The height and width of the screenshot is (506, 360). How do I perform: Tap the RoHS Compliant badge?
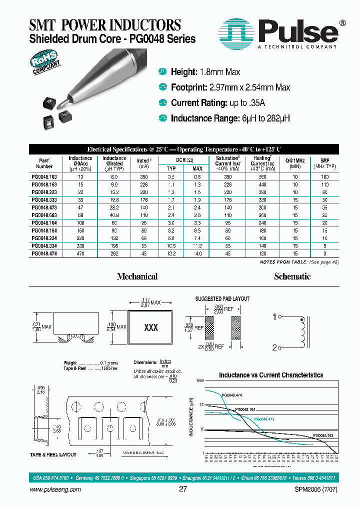[x=46, y=64]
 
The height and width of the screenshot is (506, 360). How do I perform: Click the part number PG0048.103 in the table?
[x=44, y=177]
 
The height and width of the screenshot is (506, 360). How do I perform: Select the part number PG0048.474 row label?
[x=44, y=253]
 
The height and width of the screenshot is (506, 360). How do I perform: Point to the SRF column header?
[x=325, y=162]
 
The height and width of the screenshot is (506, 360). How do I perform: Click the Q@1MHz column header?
[x=295, y=162]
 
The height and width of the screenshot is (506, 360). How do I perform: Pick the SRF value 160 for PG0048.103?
[x=325, y=177]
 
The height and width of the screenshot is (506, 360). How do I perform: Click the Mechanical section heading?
[x=137, y=276]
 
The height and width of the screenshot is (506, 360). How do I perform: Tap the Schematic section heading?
[x=292, y=276]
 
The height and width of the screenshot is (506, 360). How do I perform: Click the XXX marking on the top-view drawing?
[x=151, y=328]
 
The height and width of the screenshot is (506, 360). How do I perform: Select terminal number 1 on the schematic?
[x=274, y=316]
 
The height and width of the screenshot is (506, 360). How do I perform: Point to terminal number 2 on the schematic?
[x=274, y=347]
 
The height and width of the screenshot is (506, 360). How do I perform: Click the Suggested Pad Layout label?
[x=222, y=299]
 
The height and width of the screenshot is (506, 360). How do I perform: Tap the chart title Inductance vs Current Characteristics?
[x=271, y=375]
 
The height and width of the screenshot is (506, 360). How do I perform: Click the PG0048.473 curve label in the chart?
[x=264, y=419]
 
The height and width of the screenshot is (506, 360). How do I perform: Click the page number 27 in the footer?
[x=182, y=489]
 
